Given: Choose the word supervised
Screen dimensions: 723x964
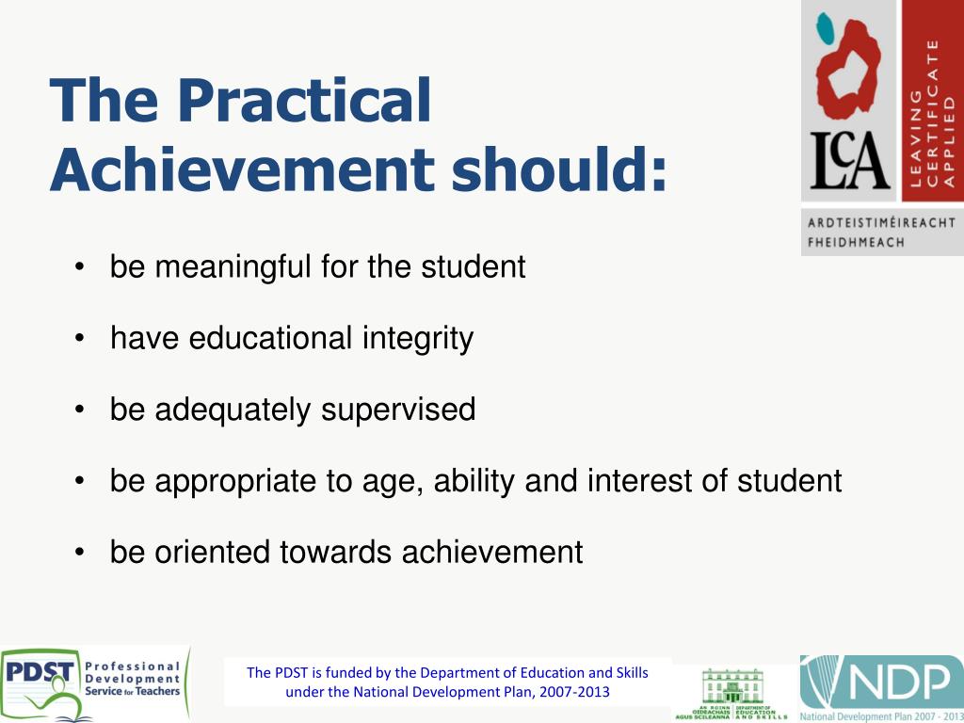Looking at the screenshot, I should click(398, 410).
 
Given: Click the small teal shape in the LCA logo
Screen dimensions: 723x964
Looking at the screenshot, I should click(827, 27).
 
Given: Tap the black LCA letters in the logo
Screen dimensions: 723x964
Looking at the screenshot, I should click(849, 161).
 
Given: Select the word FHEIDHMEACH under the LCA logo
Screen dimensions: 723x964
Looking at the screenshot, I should click(856, 242).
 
